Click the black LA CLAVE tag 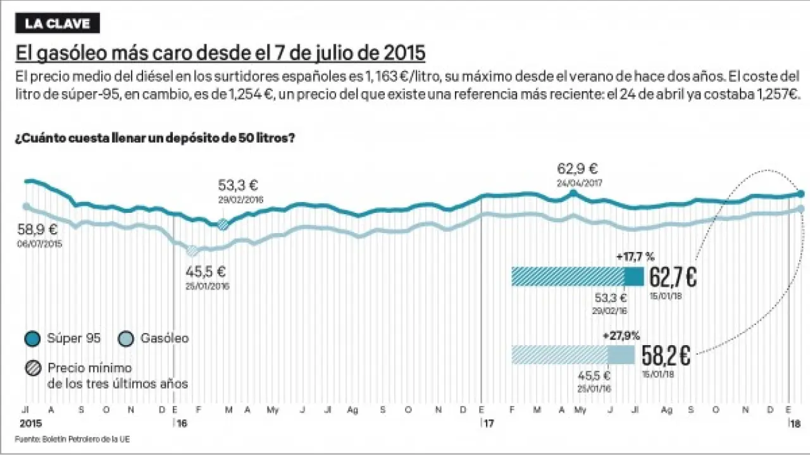[x=58, y=24]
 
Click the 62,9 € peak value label [x=577, y=169]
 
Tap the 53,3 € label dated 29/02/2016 [x=238, y=186]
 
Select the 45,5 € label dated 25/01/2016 [x=205, y=272]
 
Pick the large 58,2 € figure [x=666, y=356]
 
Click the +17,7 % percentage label [x=635, y=256]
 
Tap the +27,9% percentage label [x=621, y=335]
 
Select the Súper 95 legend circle [x=33, y=339]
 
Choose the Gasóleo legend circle [x=126, y=339]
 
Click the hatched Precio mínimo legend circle [x=33, y=368]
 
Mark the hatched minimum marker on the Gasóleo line [x=192, y=251]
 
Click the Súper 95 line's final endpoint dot [x=800, y=194]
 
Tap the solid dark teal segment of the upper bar [x=633, y=277]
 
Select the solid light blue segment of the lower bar [x=621, y=355]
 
